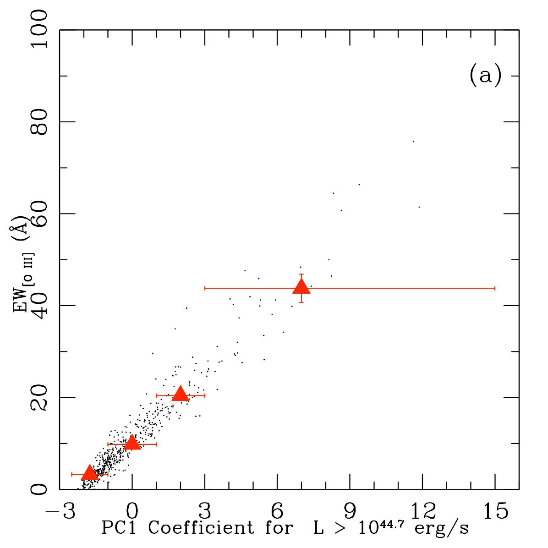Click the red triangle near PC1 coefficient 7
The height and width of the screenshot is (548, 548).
tap(301, 287)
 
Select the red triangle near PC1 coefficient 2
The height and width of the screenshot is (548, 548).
tap(181, 394)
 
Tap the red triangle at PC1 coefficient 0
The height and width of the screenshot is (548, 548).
tap(132, 442)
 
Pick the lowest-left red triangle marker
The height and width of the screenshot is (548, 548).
tap(90, 472)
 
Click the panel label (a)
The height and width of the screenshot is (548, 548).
tap(485, 75)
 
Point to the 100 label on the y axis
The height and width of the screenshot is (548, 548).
tap(39, 29)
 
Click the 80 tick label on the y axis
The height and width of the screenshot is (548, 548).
tap(39, 121)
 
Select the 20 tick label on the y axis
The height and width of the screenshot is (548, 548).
tap(39, 397)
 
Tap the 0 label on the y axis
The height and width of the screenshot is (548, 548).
tap(39, 489)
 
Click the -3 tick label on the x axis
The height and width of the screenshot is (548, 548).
tap(60, 511)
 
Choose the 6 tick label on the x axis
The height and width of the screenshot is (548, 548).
tap(277, 511)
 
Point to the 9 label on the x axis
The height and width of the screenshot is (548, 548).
tap(350, 511)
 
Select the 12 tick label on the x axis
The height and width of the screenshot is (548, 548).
tap(422, 511)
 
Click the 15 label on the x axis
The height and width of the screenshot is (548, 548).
tap(495, 511)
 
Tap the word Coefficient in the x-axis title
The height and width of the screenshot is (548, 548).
tap(201, 527)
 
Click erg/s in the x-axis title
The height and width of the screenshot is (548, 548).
tap(441, 529)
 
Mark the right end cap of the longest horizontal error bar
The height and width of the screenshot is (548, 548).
tap(495, 288)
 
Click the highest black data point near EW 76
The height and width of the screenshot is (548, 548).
tap(414, 142)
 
